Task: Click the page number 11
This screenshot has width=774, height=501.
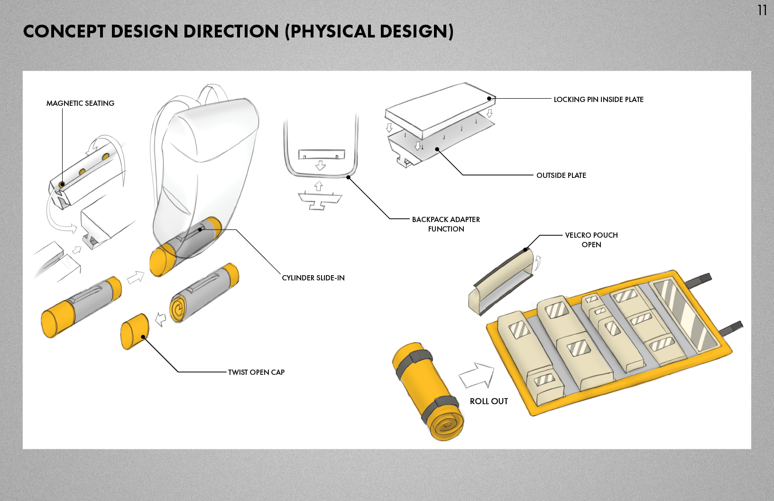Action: (762, 10)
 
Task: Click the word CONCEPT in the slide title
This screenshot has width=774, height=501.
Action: (64, 31)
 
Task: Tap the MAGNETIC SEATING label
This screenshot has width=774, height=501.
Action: (80, 103)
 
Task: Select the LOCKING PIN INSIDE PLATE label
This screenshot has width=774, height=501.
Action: (598, 99)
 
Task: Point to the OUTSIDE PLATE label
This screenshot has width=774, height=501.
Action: (561, 175)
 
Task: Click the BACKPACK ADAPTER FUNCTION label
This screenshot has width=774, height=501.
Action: (446, 224)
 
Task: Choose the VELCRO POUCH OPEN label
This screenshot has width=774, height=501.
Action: (591, 240)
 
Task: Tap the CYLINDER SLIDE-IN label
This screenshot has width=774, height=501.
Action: (313, 278)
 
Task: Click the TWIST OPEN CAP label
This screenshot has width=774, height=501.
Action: (256, 372)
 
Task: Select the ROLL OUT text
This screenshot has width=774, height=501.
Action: (488, 401)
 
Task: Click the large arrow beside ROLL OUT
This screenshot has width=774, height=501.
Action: (477, 375)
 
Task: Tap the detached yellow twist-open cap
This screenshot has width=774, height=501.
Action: (135, 331)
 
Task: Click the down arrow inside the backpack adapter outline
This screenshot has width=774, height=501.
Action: (321, 165)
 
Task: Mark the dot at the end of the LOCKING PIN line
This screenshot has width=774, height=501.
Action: (489, 99)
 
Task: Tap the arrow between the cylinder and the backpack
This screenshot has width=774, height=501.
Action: (136, 277)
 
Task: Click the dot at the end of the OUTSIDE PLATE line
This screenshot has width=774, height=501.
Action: (437, 149)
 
